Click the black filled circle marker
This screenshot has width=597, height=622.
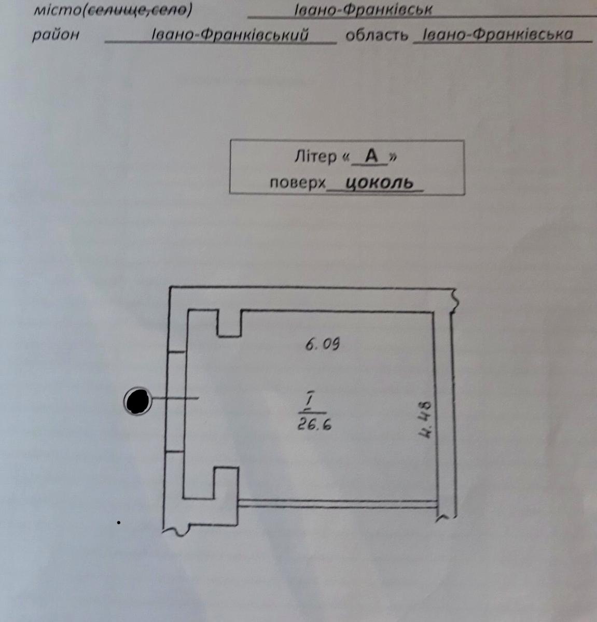click(x=138, y=401)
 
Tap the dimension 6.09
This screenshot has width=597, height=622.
click(x=322, y=344)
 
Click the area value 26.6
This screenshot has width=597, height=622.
click(x=314, y=424)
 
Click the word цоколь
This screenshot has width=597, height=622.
click(x=380, y=183)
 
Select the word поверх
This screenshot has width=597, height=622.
click(x=297, y=183)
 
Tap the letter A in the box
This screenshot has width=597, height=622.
click(x=371, y=157)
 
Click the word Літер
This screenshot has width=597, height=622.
click(x=315, y=157)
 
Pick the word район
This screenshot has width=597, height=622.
click(x=55, y=35)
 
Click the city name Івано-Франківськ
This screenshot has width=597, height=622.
click(x=363, y=10)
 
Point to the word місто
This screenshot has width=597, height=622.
click(x=58, y=10)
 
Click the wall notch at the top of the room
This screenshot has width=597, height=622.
click(x=229, y=323)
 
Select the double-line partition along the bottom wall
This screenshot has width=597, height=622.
click(x=338, y=504)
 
